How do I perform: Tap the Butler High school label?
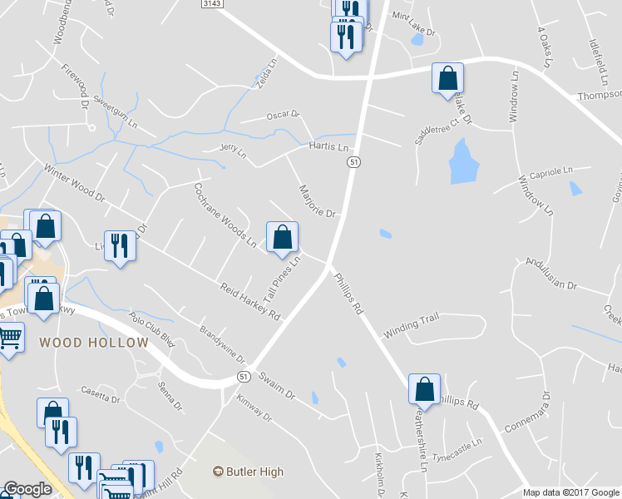point(249,472)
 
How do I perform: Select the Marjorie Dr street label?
point(316,200)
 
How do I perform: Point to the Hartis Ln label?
point(328,146)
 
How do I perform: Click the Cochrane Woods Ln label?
point(225,215)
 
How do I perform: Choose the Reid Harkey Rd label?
point(250,301)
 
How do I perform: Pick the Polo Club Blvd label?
point(152,329)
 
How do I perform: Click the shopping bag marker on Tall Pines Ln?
point(283,236)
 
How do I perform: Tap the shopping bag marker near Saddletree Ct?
point(447,78)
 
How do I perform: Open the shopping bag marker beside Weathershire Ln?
point(424,388)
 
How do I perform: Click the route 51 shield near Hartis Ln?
point(353,163)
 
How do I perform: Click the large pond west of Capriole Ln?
point(463,161)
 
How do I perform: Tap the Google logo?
point(27,489)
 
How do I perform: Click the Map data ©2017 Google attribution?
point(570,492)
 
